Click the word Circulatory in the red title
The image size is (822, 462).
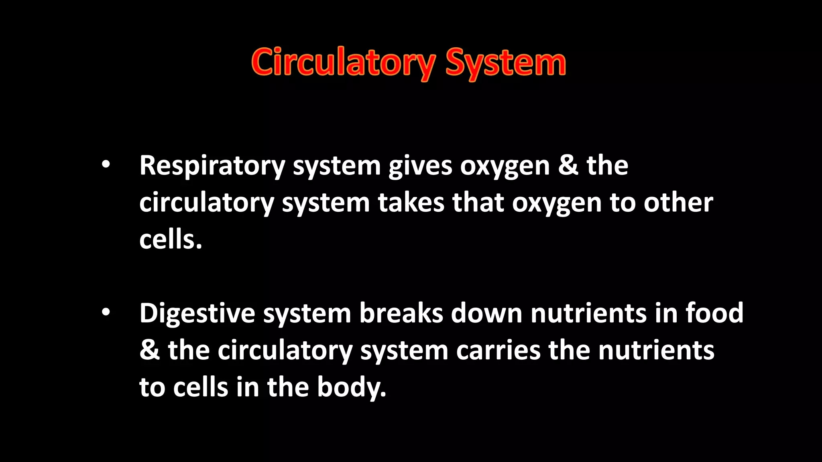tap(343, 63)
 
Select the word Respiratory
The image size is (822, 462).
tap(212, 166)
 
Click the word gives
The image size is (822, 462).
tap(420, 166)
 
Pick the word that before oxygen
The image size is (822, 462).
tap(478, 203)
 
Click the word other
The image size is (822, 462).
tap(678, 203)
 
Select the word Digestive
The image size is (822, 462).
tap(197, 313)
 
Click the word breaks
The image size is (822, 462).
tap(401, 313)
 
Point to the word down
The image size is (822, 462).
tap(486, 313)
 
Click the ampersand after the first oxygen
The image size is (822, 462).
tap(568, 166)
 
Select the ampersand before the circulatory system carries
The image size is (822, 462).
tap(149, 351)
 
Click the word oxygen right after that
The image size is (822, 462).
tap(557, 203)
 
